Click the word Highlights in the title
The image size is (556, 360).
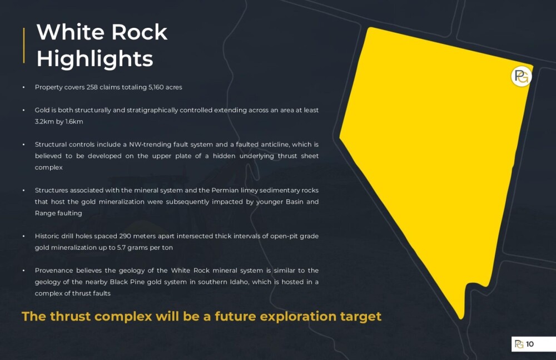[x=95, y=59]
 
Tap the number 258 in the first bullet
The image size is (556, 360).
[x=92, y=87]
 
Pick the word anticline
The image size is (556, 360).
[x=275, y=144]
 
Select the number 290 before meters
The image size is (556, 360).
[x=125, y=236]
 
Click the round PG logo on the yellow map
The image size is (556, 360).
[x=522, y=76]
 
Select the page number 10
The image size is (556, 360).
[x=530, y=344]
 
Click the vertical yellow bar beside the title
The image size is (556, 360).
[x=24, y=46]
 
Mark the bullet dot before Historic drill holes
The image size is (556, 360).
[x=24, y=236]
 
